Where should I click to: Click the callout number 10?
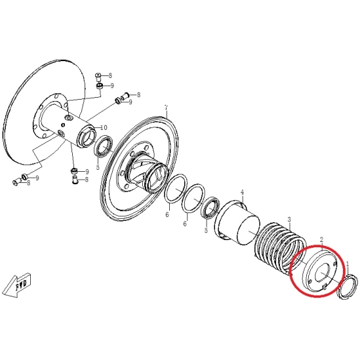coord(104,127)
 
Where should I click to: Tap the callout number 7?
coord(167,108)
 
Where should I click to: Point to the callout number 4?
coord(242,192)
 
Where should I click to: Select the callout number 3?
coord(289,220)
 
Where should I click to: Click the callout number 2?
coord(322,240)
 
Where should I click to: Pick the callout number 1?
coord(348,264)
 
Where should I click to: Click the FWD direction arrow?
coord(18,285)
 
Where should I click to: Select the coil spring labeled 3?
coord(280,248)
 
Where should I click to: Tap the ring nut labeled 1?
coord(347,287)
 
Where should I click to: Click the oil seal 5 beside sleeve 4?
coord(210,207)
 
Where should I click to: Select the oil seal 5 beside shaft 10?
coord(104,146)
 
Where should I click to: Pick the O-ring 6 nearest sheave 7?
coord(176,189)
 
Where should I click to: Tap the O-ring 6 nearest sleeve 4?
coord(193,199)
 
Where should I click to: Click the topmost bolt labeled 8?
coord(98,77)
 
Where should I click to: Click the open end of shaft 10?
coord(87,138)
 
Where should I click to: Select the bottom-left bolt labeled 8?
coord(16,182)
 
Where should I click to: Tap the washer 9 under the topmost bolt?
coord(100,87)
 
